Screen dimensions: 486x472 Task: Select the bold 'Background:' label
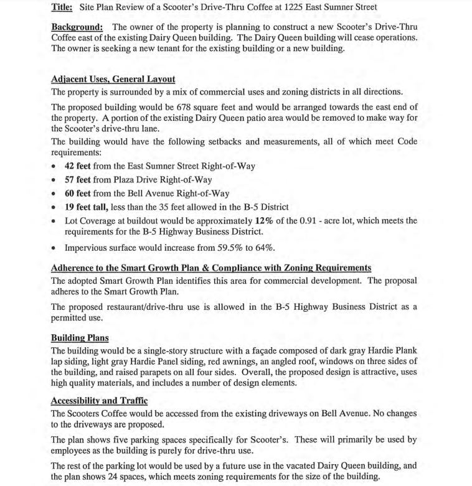click(x=77, y=28)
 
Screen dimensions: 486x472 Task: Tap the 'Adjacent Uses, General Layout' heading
click(x=113, y=80)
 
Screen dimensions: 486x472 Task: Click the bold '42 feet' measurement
click(x=81, y=166)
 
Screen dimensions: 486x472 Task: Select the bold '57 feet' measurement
click(x=81, y=179)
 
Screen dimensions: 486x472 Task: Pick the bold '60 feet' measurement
click(x=81, y=193)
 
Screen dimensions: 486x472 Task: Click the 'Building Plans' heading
click(x=79, y=338)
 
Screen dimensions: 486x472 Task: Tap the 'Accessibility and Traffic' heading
click(x=98, y=400)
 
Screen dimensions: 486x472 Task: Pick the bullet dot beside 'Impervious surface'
click(x=55, y=248)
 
